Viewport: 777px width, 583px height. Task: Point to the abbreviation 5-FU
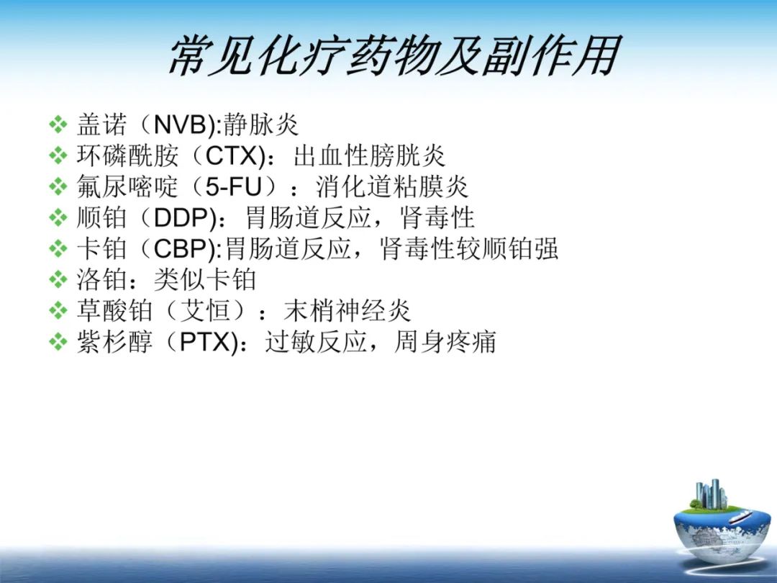pos(232,187)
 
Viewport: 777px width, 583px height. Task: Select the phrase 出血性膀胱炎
pos(369,156)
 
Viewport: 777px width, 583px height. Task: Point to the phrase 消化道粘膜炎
pos(392,187)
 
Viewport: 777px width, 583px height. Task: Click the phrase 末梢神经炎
pos(347,311)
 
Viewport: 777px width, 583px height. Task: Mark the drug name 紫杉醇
pos(114,342)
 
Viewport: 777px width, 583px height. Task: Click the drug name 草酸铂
pos(114,311)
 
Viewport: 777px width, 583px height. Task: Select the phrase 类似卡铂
pos(205,280)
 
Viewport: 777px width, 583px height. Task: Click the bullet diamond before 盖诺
pos(58,125)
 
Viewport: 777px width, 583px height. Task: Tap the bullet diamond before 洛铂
pos(58,280)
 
